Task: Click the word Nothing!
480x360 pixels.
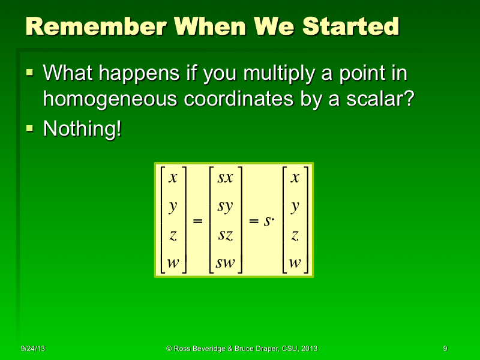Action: point(82,129)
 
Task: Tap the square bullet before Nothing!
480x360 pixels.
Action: point(31,128)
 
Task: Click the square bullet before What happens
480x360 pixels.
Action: point(31,73)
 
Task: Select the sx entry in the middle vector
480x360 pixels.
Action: point(225,178)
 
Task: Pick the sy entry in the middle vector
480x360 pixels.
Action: point(225,207)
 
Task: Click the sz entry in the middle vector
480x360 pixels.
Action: point(225,235)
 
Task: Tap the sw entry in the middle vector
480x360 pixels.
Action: point(225,263)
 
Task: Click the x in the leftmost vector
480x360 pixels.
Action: point(173,178)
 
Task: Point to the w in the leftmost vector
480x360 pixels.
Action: point(173,263)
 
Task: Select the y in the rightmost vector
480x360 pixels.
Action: point(295,207)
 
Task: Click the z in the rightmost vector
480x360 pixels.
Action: point(295,235)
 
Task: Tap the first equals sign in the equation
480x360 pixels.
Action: point(197,221)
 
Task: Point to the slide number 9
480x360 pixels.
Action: point(445,349)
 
